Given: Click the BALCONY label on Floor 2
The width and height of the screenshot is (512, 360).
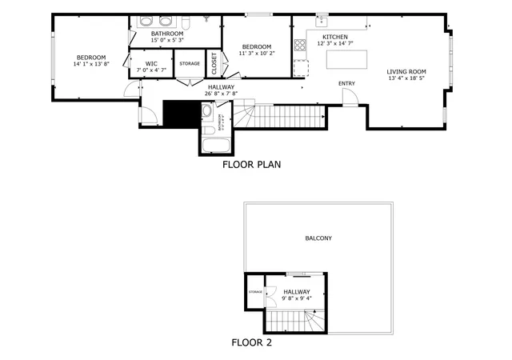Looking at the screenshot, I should click(318, 238).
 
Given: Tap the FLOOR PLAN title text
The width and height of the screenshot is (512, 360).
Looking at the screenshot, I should click(251, 166).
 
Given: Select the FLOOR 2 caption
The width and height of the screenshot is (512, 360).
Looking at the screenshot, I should click(252, 343).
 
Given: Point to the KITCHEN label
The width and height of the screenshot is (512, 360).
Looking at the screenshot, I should click(334, 37).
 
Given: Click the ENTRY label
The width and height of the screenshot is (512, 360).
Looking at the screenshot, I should click(346, 83).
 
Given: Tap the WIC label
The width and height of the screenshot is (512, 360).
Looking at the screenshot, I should click(150, 63).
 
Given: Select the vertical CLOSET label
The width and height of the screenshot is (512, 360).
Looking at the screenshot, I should click(214, 62).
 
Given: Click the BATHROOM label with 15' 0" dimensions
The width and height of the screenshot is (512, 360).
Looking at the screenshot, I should click(167, 34).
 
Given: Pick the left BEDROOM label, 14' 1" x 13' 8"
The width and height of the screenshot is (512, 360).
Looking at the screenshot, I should click(91, 57).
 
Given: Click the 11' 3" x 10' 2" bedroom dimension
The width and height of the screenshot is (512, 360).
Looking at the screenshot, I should click(257, 54).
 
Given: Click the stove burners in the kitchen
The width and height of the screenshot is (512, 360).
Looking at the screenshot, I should click(301, 45).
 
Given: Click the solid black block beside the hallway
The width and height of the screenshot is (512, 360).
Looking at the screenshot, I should click(179, 114).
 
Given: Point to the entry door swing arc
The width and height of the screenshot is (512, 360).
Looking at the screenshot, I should click(350, 96).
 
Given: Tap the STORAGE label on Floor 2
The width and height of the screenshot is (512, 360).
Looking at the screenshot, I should click(255, 292).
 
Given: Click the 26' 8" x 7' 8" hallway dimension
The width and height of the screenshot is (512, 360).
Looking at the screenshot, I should click(222, 94).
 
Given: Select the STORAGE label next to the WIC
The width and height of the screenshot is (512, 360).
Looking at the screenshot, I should click(190, 63).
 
